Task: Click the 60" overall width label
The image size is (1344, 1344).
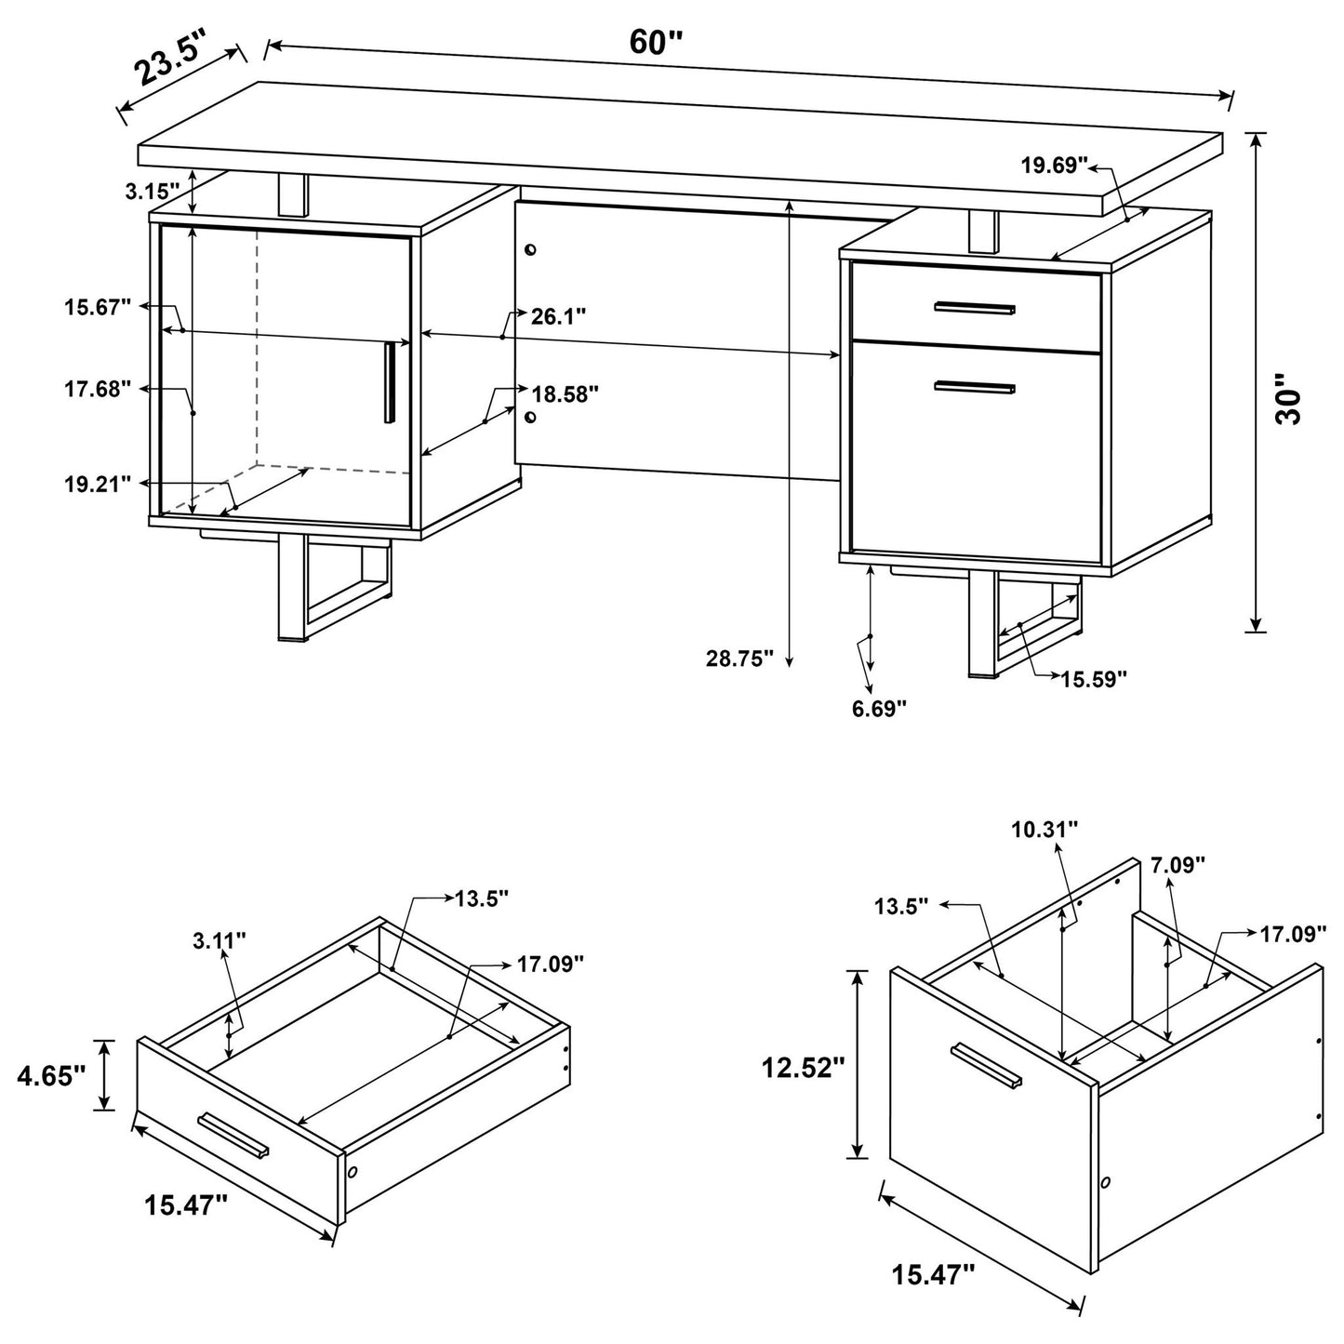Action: click(656, 42)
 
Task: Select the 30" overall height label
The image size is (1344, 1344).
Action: click(1290, 400)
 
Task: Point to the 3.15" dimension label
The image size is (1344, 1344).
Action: click(152, 193)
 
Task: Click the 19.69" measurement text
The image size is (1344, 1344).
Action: click(1054, 166)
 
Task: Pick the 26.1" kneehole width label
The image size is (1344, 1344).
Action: click(558, 316)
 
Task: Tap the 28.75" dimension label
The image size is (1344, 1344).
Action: click(739, 659)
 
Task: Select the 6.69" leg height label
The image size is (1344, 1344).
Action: click(879, 710)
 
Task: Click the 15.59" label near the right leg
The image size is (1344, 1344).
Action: click(1094, 679)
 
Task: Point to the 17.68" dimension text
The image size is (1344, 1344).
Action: click(98, 390)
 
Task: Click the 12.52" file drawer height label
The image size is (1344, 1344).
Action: click(803, 1067)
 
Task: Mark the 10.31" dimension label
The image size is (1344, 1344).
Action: click(1045, 828)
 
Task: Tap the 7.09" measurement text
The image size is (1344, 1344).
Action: click(1178, 865)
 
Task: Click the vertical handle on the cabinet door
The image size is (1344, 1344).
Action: click(390, 381)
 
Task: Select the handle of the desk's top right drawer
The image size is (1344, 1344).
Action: click(975, 308)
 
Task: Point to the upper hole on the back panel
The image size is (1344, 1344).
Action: click(530, 250)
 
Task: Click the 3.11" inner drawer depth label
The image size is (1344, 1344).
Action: click(220, 941)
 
